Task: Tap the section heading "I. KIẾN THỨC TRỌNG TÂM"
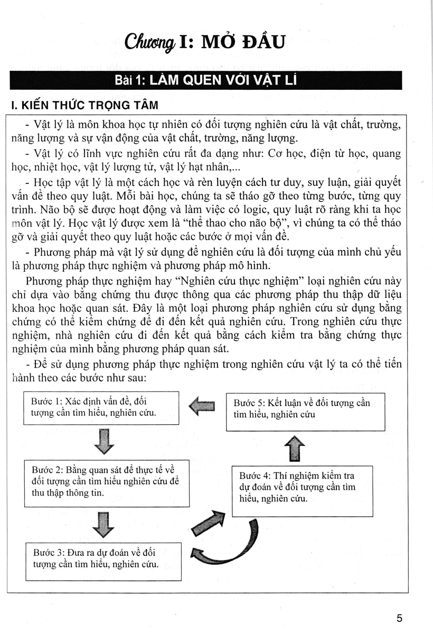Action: point(84,105)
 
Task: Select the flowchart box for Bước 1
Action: point(102,407)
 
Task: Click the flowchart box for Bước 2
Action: point(107,482)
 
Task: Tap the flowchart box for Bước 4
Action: point(302,491)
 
